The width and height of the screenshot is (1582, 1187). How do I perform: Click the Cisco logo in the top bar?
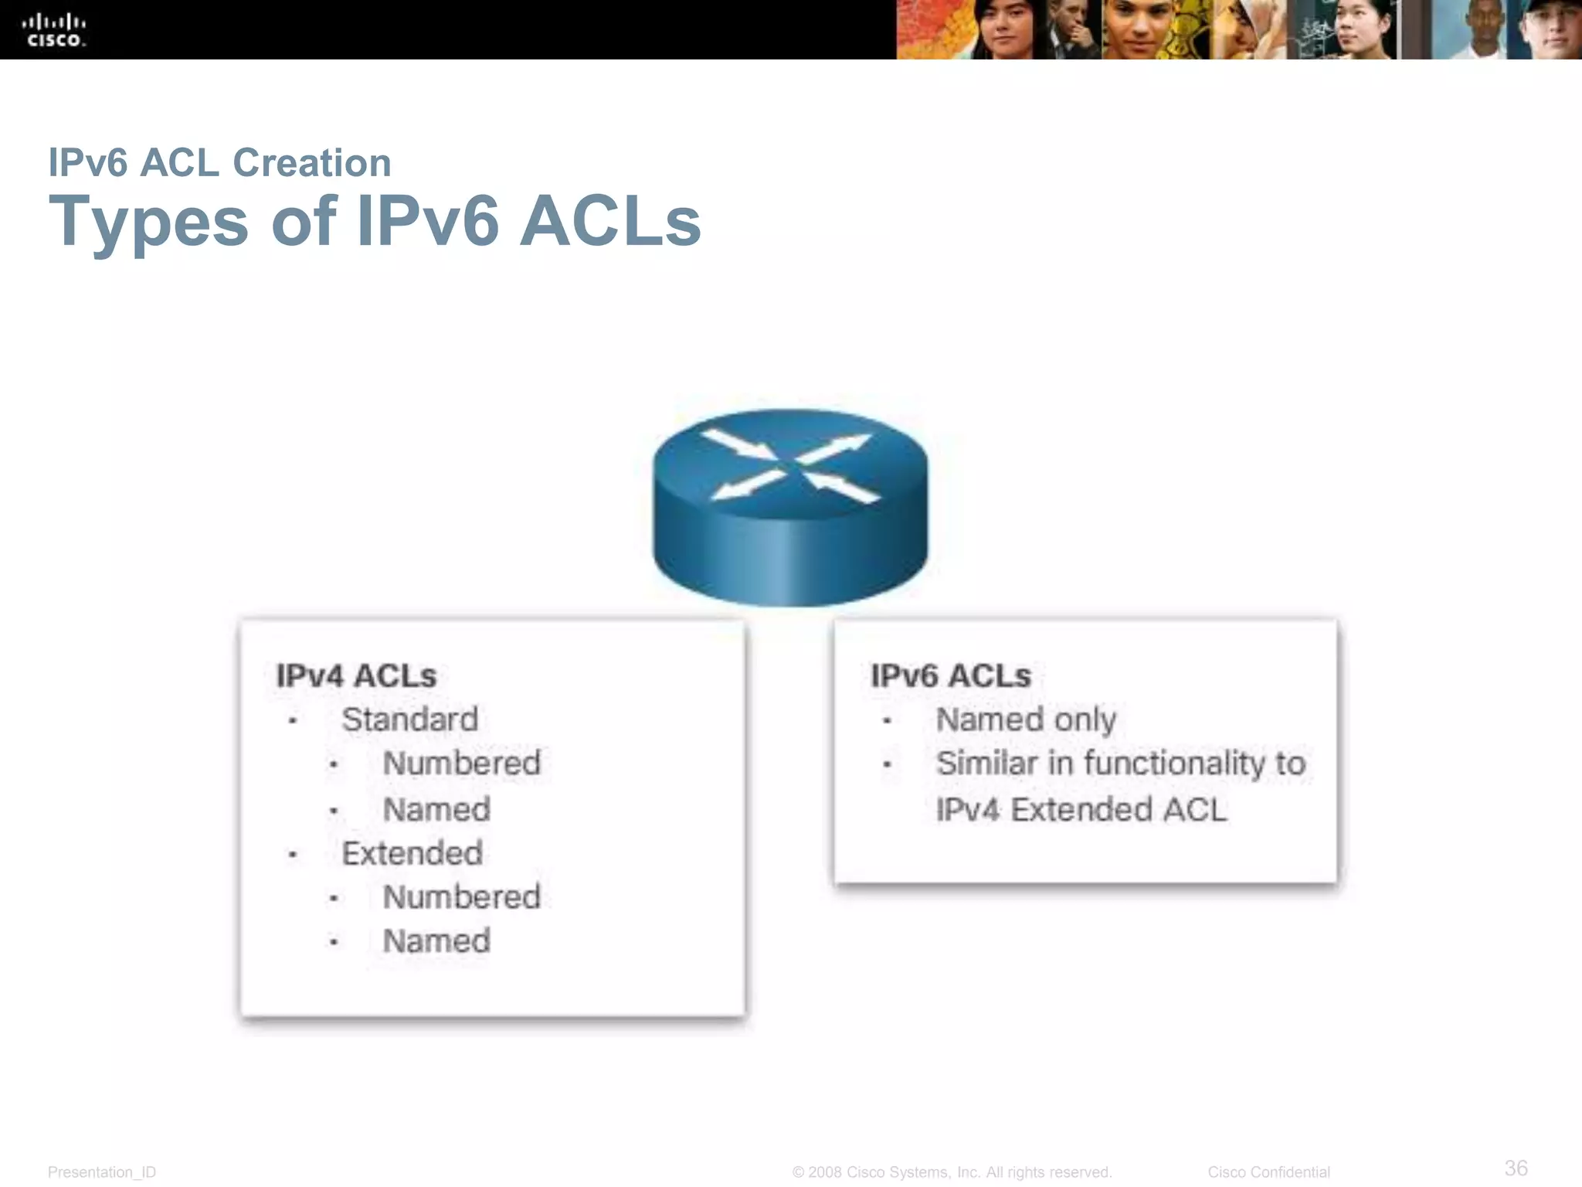[55, 30]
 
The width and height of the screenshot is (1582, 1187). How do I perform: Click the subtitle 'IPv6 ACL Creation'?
[219, 163]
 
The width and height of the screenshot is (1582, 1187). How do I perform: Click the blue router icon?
[790, 506]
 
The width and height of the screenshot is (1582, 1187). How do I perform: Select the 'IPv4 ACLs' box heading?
[356, 676]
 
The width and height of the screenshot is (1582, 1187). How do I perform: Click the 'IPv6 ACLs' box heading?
[951, 676]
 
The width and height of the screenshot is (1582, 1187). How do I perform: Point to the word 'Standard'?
[410, 719]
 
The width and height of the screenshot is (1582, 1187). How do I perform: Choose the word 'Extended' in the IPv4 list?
[412, 854]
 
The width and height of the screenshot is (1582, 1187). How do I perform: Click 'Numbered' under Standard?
[462, 764]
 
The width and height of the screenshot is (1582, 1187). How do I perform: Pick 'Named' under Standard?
[436, 810]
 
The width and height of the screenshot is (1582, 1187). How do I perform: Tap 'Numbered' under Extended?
[462, 897]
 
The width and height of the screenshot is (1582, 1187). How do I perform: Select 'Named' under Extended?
[436, 941]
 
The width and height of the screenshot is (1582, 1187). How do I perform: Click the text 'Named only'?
[1026, 720]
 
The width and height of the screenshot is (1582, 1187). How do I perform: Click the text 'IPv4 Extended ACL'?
[1081, 810]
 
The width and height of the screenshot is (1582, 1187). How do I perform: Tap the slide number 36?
[1516, 1168]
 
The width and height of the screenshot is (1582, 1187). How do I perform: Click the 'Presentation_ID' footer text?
[102, 1172]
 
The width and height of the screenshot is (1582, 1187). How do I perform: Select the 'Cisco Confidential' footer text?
[1268, 1172]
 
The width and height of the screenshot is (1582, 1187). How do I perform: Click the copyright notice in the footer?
[952, 1172]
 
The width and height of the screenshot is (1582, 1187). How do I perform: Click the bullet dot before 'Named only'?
[887, 721]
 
